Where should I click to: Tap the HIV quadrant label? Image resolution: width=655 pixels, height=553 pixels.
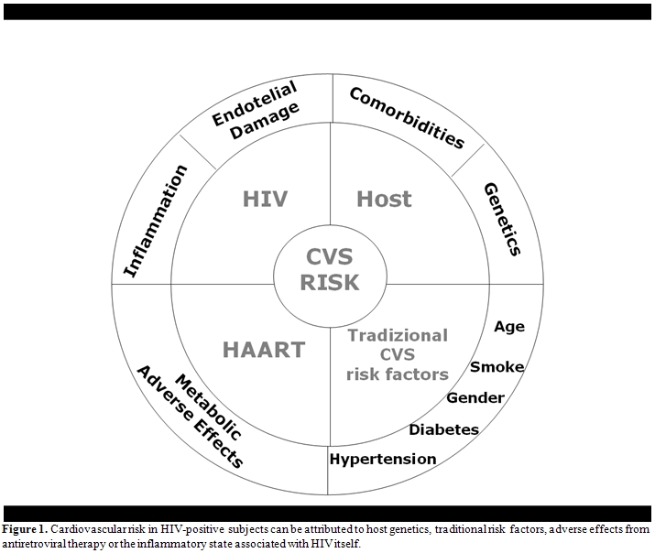pyautogui.click(x=267, y=199)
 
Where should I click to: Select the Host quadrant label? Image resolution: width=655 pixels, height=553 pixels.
pyautogui.click(x=384, y=199)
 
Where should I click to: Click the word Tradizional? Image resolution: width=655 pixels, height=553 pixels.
pyautogui.click(x=397, y=335)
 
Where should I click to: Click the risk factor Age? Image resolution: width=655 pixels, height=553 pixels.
pyautogui.click(x=508, y=327)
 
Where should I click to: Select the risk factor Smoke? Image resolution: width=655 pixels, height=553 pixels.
pyautogui.click(x=497, y=367)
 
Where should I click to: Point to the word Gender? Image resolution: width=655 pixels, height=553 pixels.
pyautogui.click(x=475, y=397)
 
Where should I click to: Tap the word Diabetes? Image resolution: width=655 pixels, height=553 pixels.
pyautogui.click(x=443, y=429)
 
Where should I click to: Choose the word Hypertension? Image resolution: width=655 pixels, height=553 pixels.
pyautogui.click(x=383, y=459)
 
